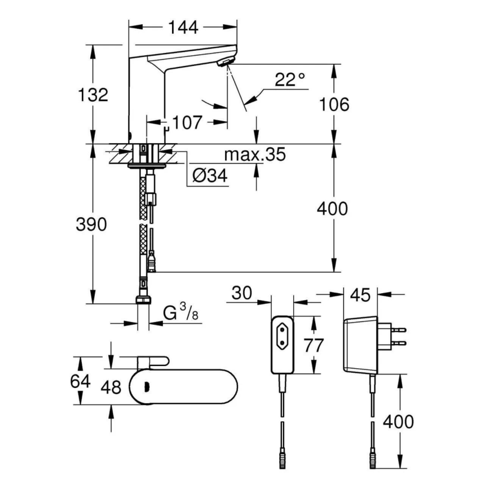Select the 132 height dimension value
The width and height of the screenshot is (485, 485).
point(93,94)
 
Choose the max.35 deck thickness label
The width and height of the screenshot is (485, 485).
point(255,154)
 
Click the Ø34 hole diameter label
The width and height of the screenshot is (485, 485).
point(209,177)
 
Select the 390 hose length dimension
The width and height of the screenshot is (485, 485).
point(91,224)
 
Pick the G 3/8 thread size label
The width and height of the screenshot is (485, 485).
point(180,312)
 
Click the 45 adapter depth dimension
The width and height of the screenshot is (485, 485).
point(361,295)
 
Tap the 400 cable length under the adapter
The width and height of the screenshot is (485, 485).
point(398,421)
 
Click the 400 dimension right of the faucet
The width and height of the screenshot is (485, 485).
point(333,209)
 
